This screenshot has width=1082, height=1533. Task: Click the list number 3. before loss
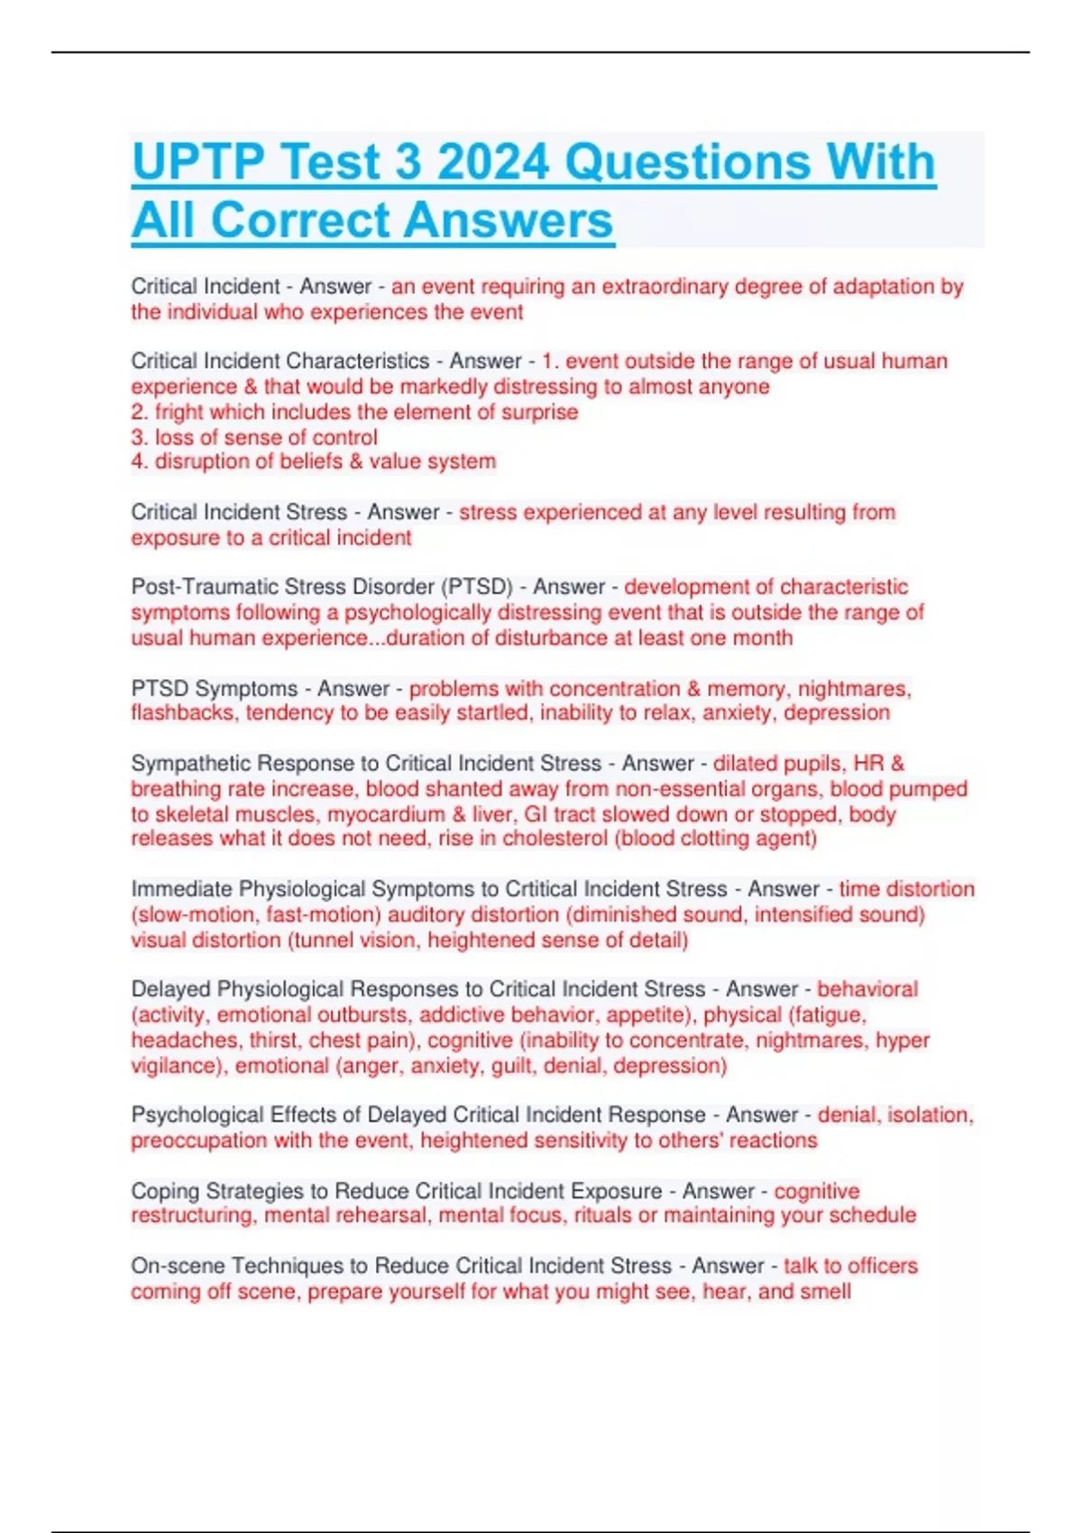(x=140, y=437)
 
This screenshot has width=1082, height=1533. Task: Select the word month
(x=763, y=638)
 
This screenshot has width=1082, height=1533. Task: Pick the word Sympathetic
(x=190, y=763)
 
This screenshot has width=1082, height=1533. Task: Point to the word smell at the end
(x=824, y=1291)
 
